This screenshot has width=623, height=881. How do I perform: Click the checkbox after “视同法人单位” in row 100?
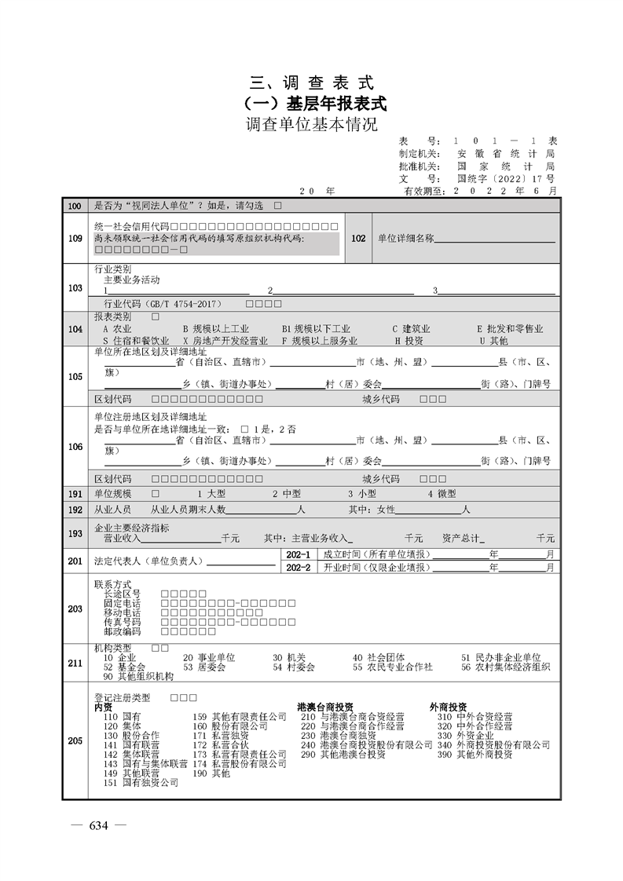pos(277,206)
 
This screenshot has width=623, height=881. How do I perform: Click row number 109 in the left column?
pos(75,238)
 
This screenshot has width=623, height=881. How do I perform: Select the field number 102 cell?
pos(357,238)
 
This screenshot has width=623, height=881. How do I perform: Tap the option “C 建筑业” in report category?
pos(411,329)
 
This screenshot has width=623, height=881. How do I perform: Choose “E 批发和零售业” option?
pos(509,329)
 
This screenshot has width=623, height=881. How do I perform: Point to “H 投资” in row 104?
pos(409,341)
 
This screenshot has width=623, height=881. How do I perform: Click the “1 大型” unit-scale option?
pos(212,494)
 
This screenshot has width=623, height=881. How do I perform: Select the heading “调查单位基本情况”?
pos(312,125)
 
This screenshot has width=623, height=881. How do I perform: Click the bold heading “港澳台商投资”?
pos(324,707)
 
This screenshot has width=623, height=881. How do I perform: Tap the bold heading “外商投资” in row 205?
pos(449,707)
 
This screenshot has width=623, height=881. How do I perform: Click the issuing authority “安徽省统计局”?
pos(506,153)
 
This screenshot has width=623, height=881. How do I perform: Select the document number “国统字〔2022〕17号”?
pos(506,178)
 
